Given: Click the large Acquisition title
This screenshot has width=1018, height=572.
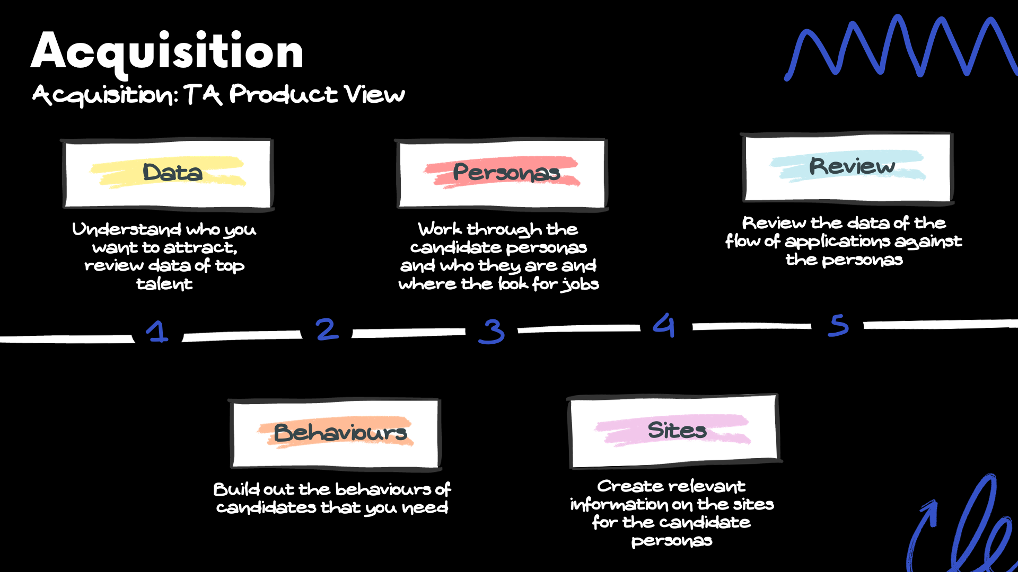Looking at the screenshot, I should click(x=167, y=52).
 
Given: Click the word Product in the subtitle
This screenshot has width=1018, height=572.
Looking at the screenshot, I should click(x=283, y=95).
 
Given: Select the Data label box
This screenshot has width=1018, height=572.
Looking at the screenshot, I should click(x=168, y=173).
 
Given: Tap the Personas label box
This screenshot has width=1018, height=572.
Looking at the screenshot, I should click(x=502, y=173).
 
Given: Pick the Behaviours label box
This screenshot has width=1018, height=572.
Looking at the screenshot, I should click(x=336, y=433).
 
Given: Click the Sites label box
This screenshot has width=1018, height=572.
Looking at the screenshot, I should click(x=674, y=431).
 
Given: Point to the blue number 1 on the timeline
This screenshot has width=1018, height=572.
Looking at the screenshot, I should click(x=157, y=332).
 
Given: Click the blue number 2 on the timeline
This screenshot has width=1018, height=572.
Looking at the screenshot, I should click(x=327, y=329).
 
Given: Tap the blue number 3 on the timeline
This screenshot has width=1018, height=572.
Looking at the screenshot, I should click(x=492, y=332).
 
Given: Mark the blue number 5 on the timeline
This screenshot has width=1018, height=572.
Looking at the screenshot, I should click(x=838, y=325).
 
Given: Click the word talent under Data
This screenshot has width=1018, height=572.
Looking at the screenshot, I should click(x=164, y=284).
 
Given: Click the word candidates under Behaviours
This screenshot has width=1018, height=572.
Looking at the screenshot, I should click(x=266, y=508).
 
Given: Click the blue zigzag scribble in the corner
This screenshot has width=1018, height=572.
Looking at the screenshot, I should click(x=901, y=48).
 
